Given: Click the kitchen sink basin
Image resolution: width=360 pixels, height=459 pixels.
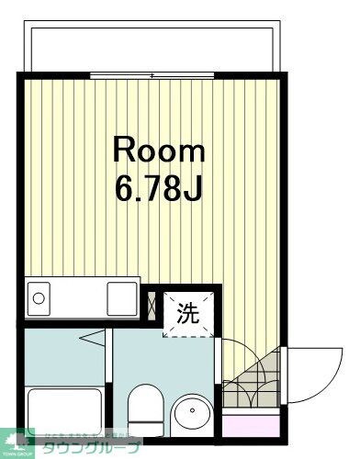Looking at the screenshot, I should click(x=42, y=297).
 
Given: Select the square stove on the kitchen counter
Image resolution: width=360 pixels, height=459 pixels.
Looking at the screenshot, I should click(x=121, y=297).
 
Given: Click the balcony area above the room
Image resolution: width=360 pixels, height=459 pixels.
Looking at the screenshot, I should click(x=152, y=46).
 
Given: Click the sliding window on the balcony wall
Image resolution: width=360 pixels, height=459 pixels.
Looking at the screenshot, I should click(x=152, y=75).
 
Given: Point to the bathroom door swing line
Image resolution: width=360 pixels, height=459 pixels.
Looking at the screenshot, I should click(x=96, y=350).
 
